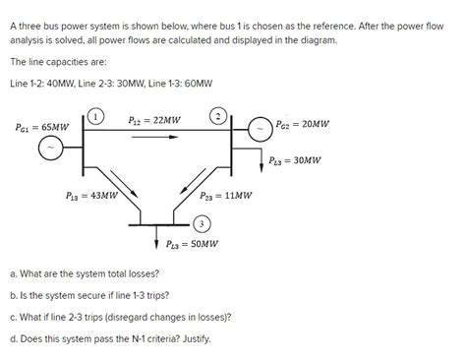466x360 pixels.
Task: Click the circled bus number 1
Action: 96,116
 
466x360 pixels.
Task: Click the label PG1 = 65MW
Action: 42,127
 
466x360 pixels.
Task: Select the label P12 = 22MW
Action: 154,120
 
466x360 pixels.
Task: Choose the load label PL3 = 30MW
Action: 296,159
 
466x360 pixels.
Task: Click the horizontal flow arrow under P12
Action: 156,137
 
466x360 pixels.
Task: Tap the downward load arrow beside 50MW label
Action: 157,241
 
